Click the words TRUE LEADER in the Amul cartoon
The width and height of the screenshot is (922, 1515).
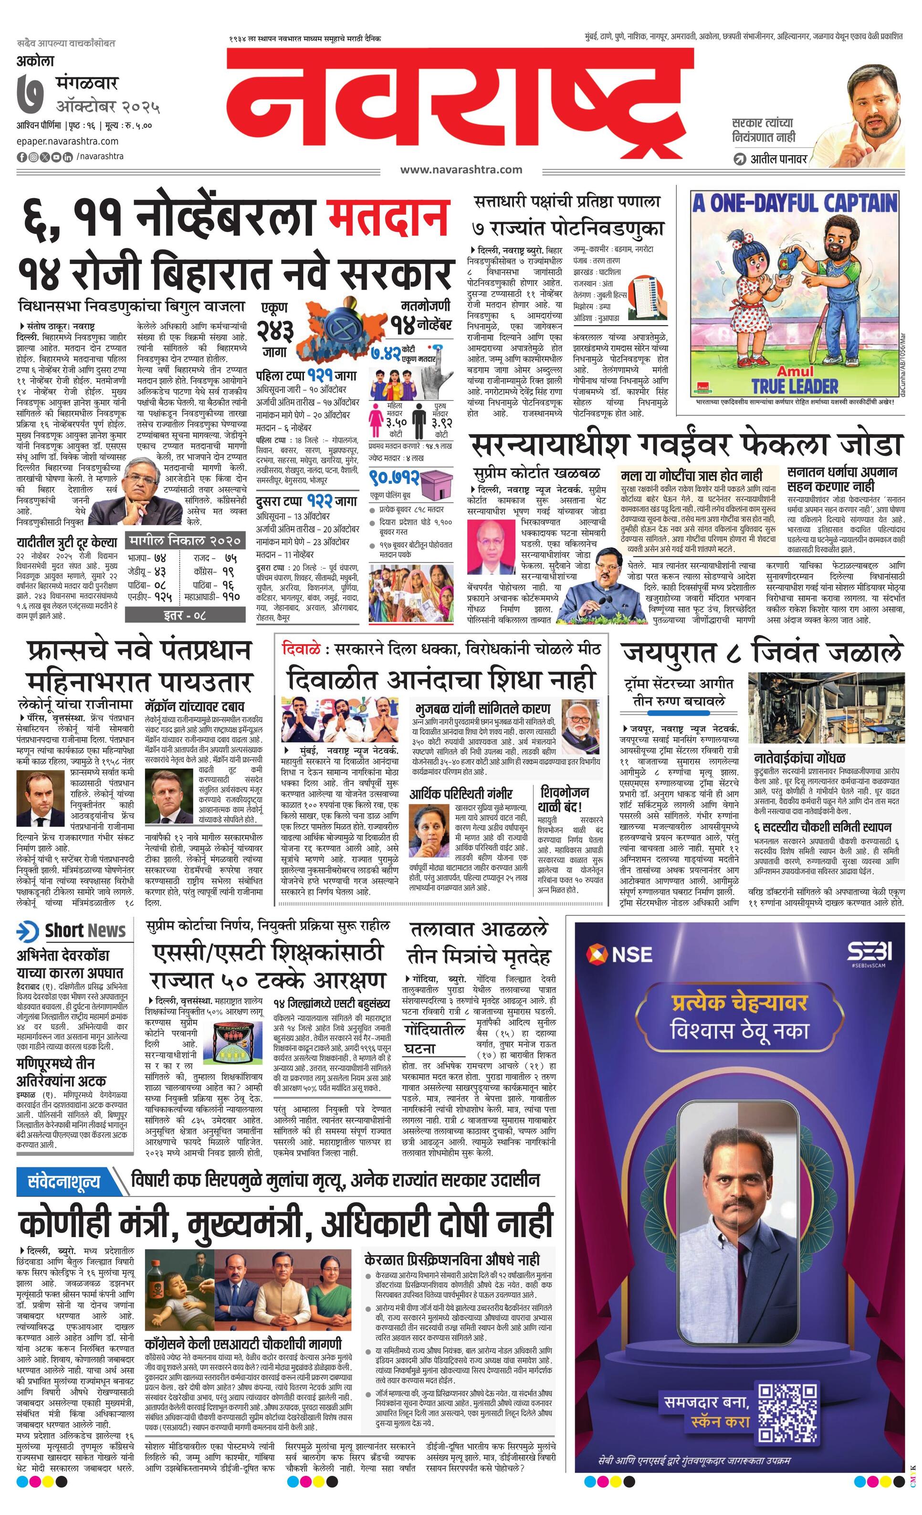[795, 386]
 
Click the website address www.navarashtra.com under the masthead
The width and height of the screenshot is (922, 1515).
[461, 170]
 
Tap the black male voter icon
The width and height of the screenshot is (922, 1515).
[420, 424]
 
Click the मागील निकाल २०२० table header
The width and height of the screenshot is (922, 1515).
[184, 541]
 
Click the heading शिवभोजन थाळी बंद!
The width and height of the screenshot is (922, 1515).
[563, 799]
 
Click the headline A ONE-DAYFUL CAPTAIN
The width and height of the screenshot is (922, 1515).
[794, 203]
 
